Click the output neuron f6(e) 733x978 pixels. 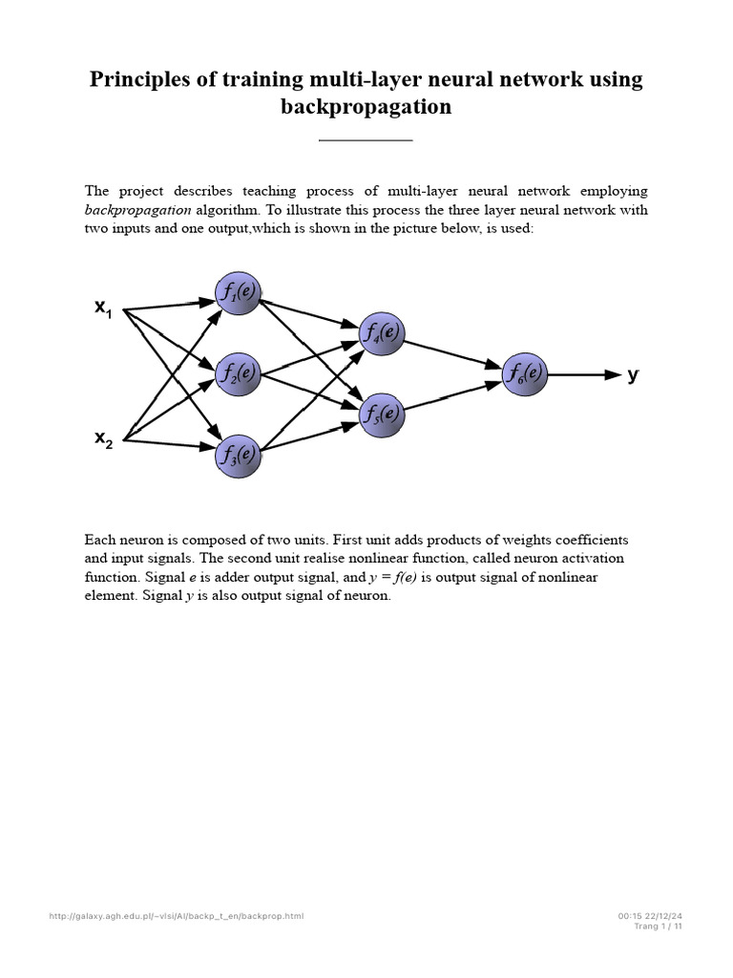tap(526, 373)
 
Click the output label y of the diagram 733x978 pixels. tap(632, 373)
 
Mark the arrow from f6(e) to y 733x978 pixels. tap(585, 374)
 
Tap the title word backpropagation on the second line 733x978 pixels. tap(366, 107)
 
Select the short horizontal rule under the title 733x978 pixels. tap(366, 140)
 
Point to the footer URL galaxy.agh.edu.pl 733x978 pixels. tap(177, 917)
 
